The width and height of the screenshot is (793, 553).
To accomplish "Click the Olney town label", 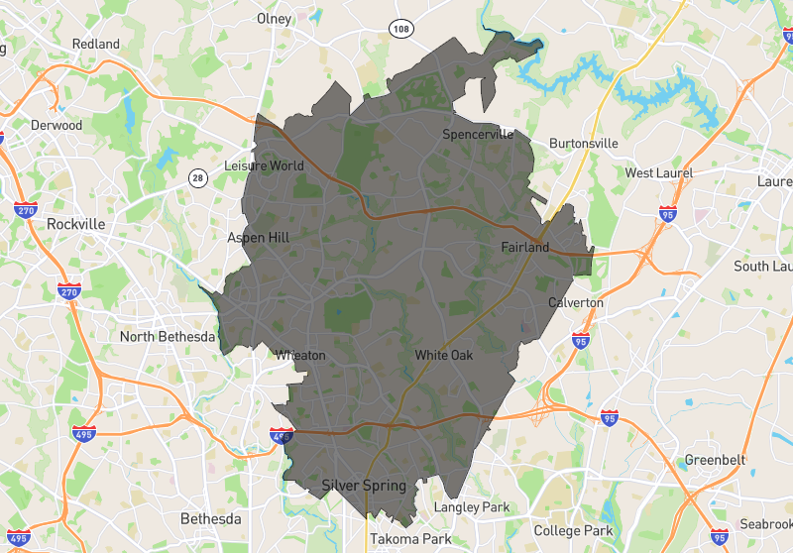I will click(x=274, y=19).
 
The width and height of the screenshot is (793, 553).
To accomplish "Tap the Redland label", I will click(x=96, y=45).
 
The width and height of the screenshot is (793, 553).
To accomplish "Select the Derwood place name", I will click(x=57, y=126).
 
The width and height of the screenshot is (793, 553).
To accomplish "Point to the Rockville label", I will click(x=75, y=225).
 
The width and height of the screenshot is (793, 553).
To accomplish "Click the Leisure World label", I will click(x=265, y=166).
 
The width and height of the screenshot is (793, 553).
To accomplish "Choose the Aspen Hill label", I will click(x=258, y=238).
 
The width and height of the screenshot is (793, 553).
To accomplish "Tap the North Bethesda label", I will click(x=167, y=337).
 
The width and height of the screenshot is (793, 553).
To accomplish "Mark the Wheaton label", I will click(x=300, y=356).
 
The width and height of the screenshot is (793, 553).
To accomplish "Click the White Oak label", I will click(x=443, y=355).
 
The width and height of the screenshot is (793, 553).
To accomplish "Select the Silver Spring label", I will click(x=364, y=486).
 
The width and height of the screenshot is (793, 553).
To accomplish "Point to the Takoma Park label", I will click(x=410, y=539).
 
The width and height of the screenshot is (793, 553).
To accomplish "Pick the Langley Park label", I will click(x=472, y=507).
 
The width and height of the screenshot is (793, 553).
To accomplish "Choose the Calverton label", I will click(x=575, y=302).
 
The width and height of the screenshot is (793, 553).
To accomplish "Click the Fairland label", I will click(x=524, y=247).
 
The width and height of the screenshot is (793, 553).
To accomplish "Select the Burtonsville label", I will click(x=583, y=144).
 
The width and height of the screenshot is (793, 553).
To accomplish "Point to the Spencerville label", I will click(x=478, y=135).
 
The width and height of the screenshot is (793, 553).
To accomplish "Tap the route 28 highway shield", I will click(x=198, y=177).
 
